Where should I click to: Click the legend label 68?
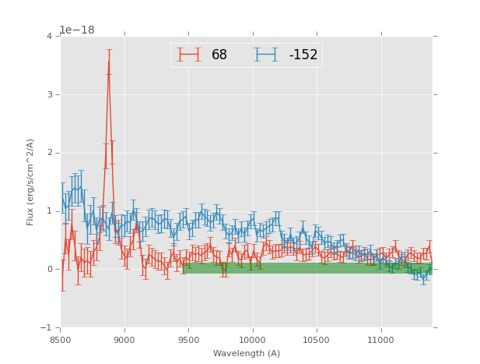coord(219,55)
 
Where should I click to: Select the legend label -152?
coord(303,55)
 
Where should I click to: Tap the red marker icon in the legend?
coord(189,55)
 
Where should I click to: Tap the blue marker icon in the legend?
coord(266,55)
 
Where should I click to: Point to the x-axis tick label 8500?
coord(61,341)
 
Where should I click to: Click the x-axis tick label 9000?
coord(124,341)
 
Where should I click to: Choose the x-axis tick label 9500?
coord(188,341)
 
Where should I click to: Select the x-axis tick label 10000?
coord(252,341)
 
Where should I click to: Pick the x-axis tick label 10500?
coord(317,341)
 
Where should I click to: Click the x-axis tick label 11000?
coord(380,341)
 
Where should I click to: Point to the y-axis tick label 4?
coord(49,36)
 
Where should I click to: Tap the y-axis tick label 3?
coord(49,94)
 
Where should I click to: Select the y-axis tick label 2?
coord(49,153)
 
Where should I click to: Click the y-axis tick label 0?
coord(49,269)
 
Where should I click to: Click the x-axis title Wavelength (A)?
coord(247,354)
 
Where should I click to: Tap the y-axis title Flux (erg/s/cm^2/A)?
coord(31,182)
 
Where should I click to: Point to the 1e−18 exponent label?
coord(76,30)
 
